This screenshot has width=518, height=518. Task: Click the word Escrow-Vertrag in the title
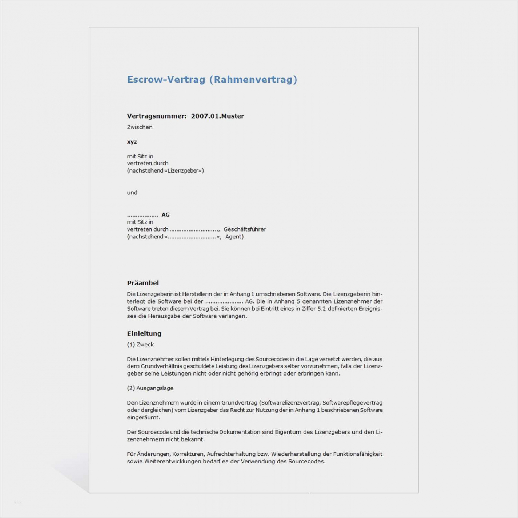(166, 80)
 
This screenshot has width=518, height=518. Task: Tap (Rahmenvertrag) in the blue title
(253, 80)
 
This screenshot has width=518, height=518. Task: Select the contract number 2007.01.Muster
(217, 116)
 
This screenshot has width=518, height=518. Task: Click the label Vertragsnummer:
(157, 116)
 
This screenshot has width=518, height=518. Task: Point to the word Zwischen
(140, 127)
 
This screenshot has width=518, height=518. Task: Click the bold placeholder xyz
(132, 142)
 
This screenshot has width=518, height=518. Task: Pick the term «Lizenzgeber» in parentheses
(184, 171)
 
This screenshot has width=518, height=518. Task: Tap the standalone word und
(132, 193)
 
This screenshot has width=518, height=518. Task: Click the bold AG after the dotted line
(165, 215)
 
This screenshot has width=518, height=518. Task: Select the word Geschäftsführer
(244, 229)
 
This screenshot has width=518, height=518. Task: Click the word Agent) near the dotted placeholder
(234, 237)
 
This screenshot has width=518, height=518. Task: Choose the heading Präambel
(143, 283)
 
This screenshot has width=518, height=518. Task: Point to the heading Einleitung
(144, 333)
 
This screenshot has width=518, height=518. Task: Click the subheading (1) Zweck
(140, 345)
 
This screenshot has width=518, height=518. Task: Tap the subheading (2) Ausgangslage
(150, 388)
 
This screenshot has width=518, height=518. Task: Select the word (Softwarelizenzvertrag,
(290, 403)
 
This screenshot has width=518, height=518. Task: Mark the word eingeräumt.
(143, 418)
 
